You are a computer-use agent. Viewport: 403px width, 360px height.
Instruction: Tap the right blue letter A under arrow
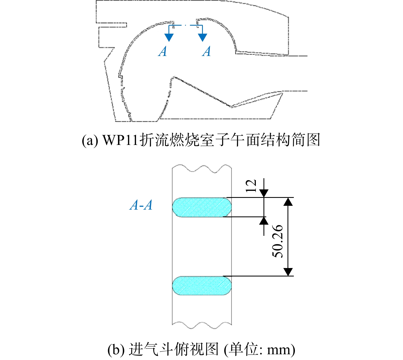(x=206, y=51)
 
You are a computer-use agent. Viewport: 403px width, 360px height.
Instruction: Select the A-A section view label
(x=141, y=205)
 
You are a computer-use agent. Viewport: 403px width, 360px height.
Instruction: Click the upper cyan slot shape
(x=202, y=207)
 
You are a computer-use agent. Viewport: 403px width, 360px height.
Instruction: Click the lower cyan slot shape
(x=202, y=285)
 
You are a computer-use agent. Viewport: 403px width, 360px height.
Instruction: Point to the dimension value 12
(x=251, y=186)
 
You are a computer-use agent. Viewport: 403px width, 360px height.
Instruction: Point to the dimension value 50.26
(x=277, y=241)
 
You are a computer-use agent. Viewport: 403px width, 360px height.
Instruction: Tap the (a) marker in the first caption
(x=90, y=140)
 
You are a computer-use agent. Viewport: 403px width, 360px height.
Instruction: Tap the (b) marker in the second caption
(x=116, y=350)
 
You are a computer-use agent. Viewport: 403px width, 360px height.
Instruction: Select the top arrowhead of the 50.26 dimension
(x=288, y=202)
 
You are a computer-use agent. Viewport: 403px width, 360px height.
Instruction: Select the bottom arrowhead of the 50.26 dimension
(x=288, y=272)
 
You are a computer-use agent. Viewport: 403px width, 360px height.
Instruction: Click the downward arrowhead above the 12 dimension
(x=264, y=193)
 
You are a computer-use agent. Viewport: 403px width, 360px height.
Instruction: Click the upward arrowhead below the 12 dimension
(x=264, y=221)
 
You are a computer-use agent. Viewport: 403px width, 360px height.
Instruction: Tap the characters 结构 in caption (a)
(x=275, y=140)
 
